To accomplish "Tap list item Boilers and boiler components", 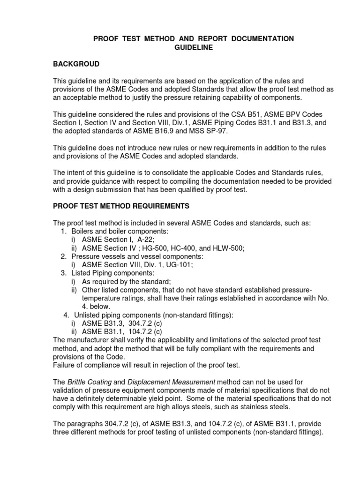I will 120,232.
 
